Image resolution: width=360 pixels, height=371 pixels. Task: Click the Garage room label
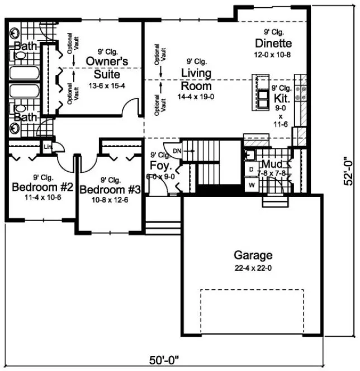(x=253, y=256)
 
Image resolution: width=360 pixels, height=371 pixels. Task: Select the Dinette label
(x=274, y=44)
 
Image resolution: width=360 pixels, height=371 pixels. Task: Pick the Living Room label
(x=196, y=79)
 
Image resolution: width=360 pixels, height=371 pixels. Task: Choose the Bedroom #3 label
(x=111, y=190)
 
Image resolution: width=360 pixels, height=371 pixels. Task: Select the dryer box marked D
(x=252, y=168)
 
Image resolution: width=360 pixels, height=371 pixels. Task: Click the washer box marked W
(x=252, y=184)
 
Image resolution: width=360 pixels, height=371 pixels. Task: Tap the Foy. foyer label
(x=158, y=165)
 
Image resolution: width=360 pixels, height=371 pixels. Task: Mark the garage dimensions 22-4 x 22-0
(x=253, y=268)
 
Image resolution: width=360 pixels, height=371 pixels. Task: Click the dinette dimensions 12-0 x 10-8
(x=274, y=55)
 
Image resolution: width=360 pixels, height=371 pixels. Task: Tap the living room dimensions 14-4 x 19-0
(x=196, y=97)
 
